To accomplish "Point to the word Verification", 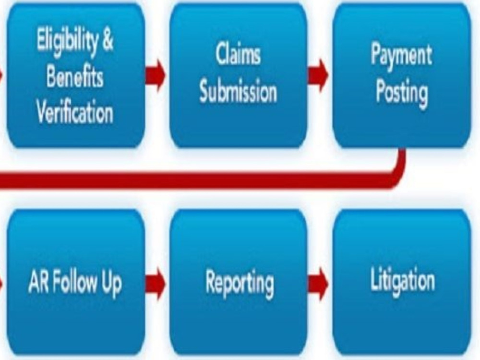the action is click(75, 111).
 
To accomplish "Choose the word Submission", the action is click(238, 91).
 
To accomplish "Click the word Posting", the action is click(402, 94).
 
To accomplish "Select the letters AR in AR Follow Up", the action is click(38, 282).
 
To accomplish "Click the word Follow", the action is click(75, 282).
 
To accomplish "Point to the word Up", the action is click(112, 285).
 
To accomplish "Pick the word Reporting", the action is click(240, 284).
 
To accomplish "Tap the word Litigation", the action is click(403, 280).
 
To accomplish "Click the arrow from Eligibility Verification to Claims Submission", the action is click(156, 75).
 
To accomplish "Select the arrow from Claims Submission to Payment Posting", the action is click(318, 75).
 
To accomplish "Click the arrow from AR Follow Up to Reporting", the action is click(156, 284).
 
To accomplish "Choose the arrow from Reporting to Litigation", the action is click(318, 284).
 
